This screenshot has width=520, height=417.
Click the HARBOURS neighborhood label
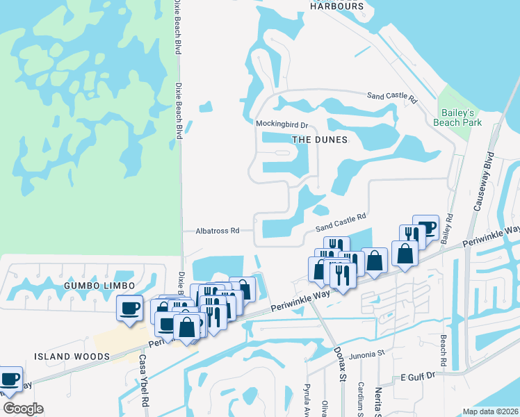tap(338, 6)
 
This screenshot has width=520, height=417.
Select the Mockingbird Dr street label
tap(282, 124)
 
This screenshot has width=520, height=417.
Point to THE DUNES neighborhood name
tap(319, 139)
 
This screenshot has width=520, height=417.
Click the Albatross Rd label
tap(218, 230)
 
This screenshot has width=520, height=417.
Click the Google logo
tap(22, 409)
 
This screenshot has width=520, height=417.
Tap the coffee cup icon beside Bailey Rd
tap(425, 227)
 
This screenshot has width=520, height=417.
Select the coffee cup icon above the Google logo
tap(9, 379)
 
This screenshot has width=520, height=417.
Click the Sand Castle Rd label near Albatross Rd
tap(340, 222)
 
